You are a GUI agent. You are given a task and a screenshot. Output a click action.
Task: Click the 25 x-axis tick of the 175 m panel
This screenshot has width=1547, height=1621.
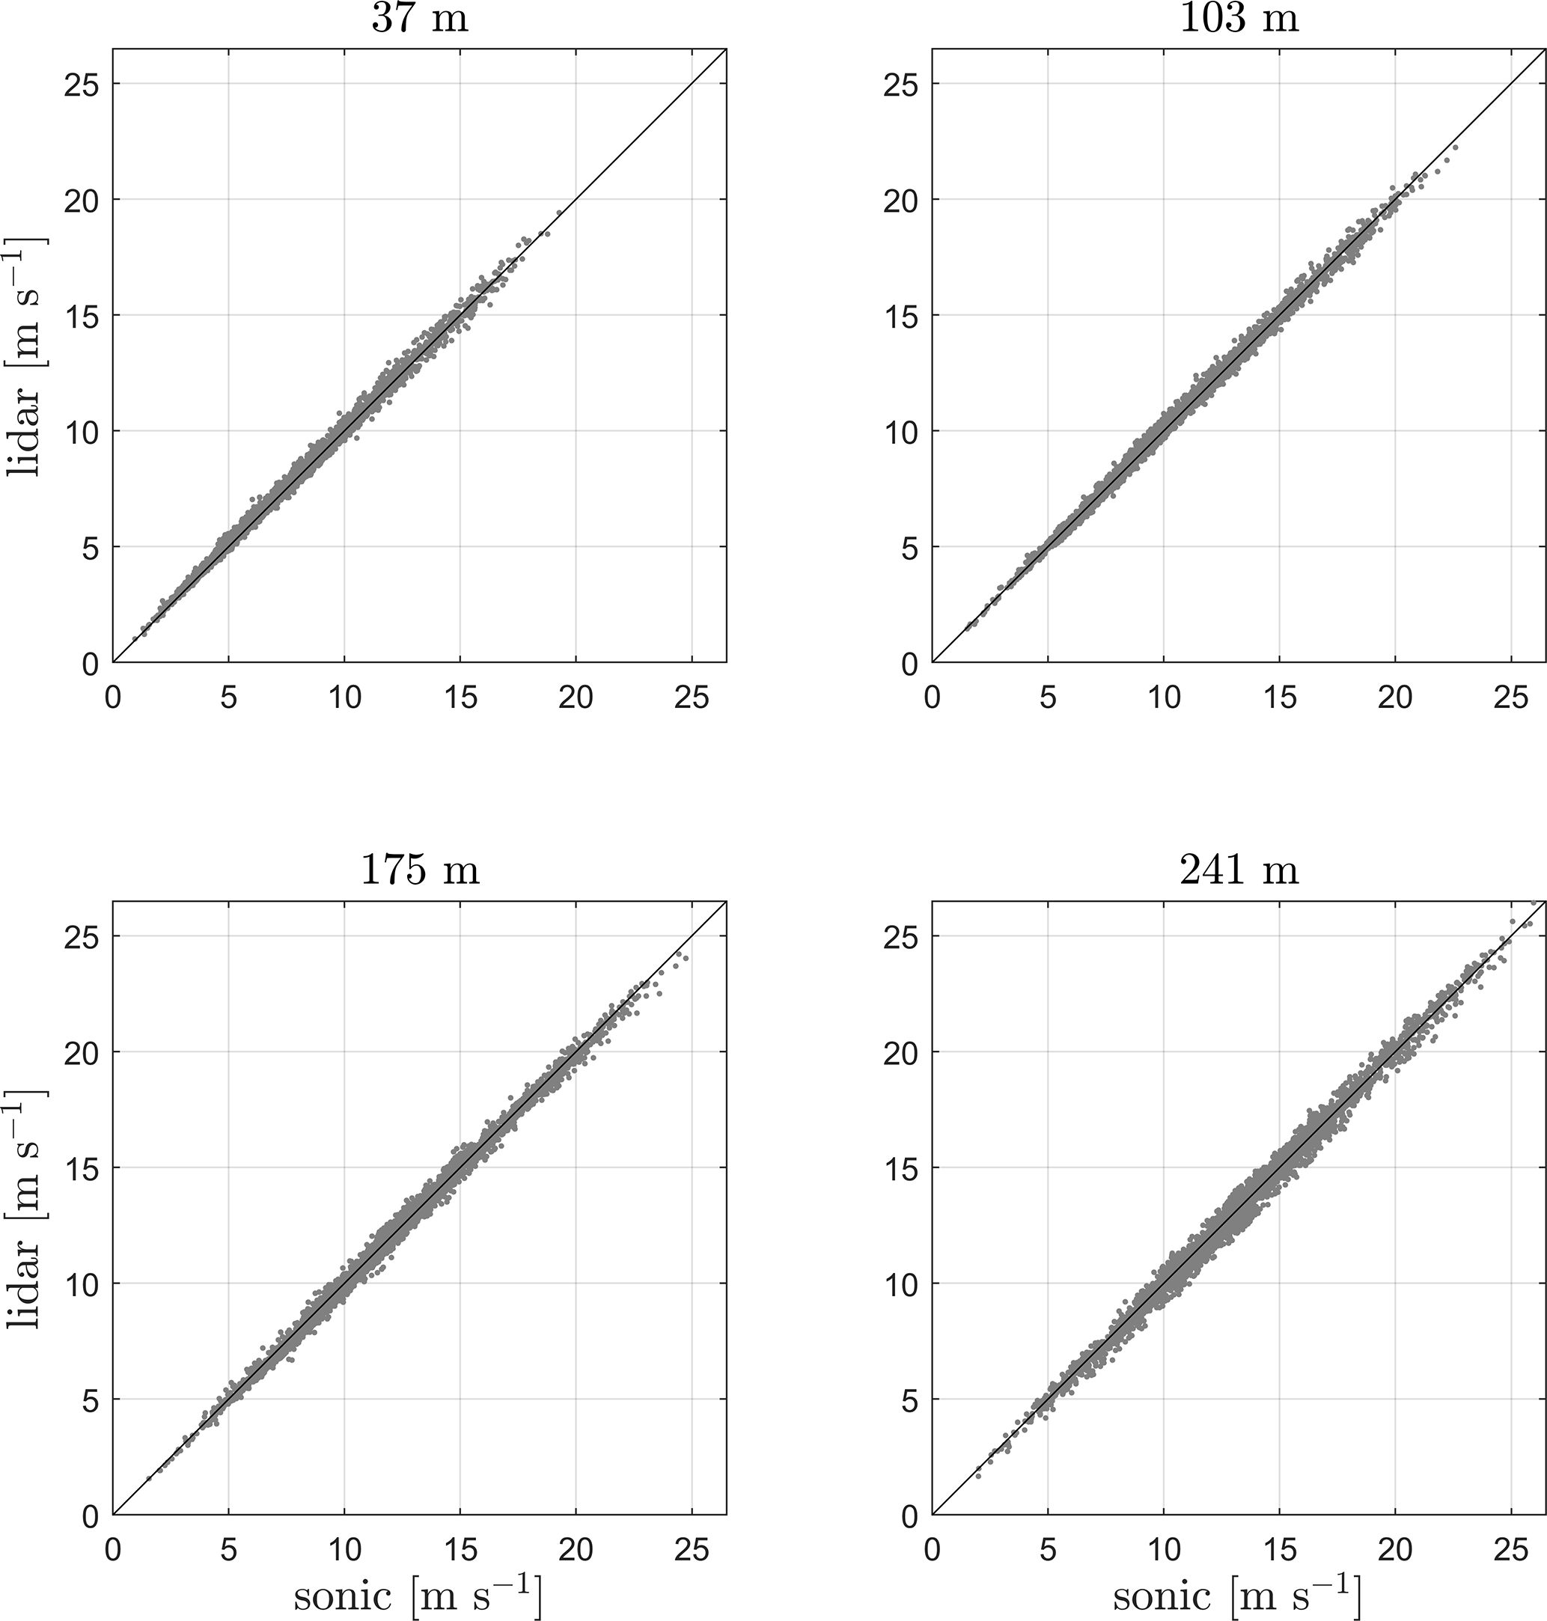click(x=691, y=1550)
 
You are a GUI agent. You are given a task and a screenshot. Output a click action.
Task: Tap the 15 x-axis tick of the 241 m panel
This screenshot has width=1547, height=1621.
click(x=1279, y=1550)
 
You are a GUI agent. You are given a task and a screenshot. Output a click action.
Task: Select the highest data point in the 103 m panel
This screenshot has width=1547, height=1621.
click(x=1456, y=147)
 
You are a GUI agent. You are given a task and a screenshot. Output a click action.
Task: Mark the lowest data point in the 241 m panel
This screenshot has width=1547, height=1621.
click(x=978, y=1476)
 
